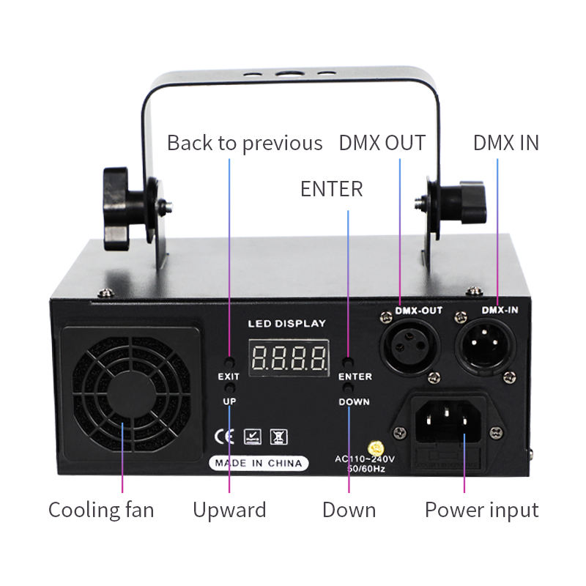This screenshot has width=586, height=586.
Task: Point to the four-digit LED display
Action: point(289,358)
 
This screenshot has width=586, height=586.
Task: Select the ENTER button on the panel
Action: point(349,363)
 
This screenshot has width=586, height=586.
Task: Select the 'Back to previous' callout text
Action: point(244,143)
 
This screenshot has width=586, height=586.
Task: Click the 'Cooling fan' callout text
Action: point(101,510)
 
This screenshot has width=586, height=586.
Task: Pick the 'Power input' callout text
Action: point(481,510)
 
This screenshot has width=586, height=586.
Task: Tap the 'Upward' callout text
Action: point(229,510)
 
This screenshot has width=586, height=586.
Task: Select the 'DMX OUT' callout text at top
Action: point(382,143)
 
